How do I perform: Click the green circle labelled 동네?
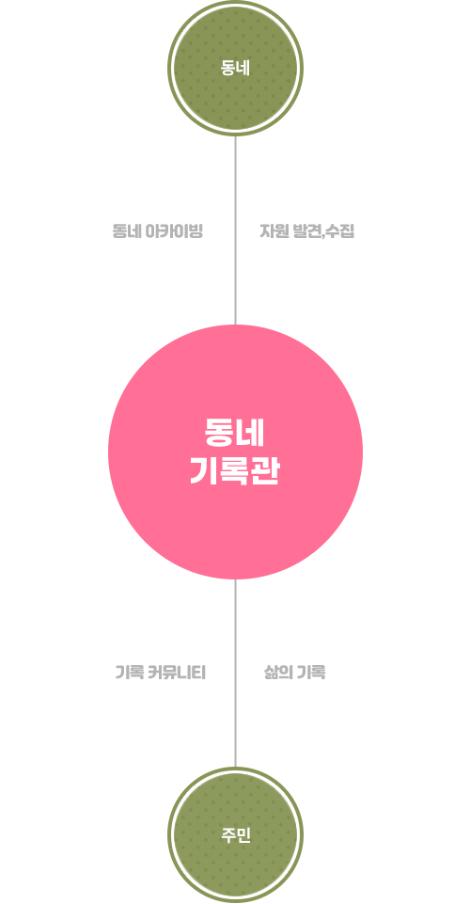pos(235,69)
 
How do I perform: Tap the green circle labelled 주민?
pos(235,834)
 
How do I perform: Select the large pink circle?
pos(235,452)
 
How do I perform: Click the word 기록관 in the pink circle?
pos(235,473)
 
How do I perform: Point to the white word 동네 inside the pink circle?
pos(235,432)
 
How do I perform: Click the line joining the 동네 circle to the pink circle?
pos(235,230)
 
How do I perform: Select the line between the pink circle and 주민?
pos(235,673)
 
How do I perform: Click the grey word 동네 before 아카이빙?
pos(126,231)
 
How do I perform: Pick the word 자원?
pos(273,231)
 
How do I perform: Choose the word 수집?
pos(340,231)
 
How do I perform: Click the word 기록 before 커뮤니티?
pos(130,673)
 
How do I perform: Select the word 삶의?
pos(277,673)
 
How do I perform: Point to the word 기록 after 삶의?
pos(311,673)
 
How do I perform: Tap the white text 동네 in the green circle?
pos(236,69)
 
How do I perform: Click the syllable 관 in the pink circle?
pos(265,473)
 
